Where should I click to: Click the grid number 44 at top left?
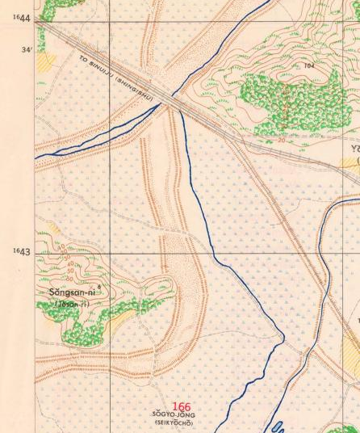[23, 19]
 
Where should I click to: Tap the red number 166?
[182, 408]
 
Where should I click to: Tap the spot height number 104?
[309, 65]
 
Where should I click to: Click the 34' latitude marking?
[27, 50]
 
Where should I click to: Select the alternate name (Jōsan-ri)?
[73, 303]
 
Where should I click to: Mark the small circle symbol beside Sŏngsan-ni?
[98, 287]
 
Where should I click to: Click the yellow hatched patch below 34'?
[46, 61]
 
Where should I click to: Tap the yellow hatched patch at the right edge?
[351, 350]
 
